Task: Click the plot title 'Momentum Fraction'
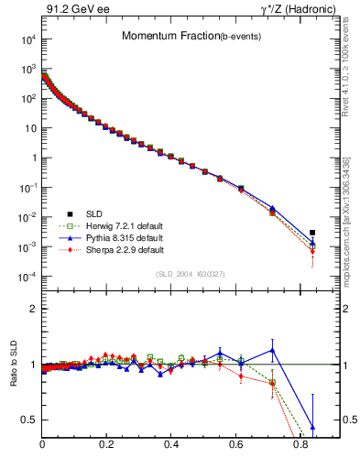pos(159,37)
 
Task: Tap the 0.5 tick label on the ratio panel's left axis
pos(28,420)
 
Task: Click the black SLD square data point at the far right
pos(312,233)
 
